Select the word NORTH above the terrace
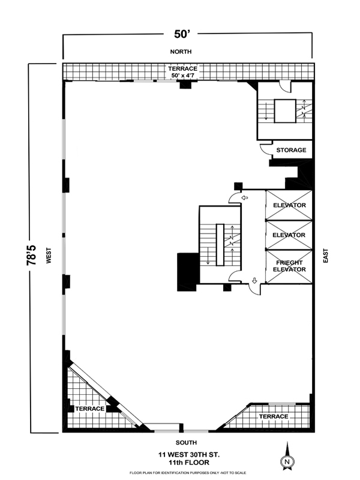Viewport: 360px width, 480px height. point(181,53)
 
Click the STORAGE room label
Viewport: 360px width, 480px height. point(292,151)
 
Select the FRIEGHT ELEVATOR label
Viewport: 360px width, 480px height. point(289,266)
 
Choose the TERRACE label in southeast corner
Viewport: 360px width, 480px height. point(274,416)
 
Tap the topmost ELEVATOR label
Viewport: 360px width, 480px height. point(289,206)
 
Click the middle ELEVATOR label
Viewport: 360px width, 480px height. point(289,235)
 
